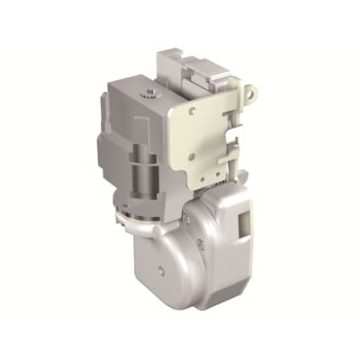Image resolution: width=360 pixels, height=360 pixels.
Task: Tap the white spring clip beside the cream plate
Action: click(x=236, y=135)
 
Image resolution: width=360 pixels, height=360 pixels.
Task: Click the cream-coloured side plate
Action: click(x=211, y=135)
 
